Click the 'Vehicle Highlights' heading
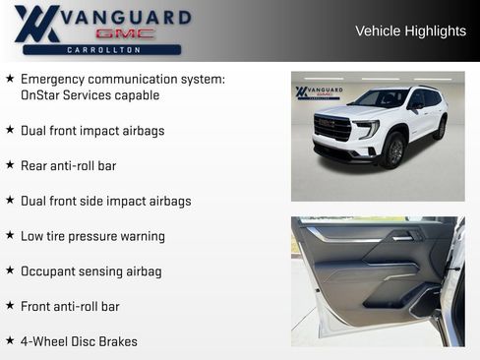(410, 31)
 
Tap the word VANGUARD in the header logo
(123, 17)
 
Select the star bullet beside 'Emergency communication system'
(10, 78)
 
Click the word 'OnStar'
(41, 95)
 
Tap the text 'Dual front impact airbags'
(92, 131)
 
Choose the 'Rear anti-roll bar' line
(68, 166)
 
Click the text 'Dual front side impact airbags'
(105, 202)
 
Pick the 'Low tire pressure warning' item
(92, 236)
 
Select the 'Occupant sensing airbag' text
(90, 271)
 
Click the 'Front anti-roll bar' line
(70, 307)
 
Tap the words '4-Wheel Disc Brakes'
(79, 342)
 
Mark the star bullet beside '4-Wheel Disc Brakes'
(10, 341)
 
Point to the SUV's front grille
(332, 128)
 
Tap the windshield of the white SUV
(380, 99)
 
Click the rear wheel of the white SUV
(440, 127)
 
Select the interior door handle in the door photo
(402, 237)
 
